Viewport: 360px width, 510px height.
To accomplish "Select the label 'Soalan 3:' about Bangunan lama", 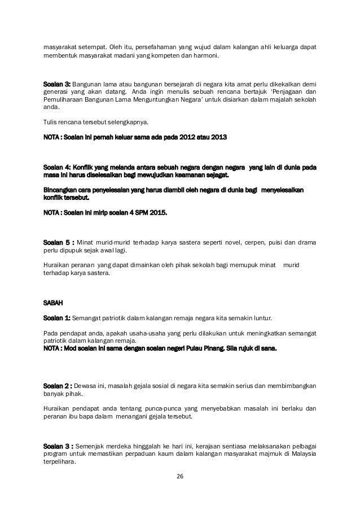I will click(58, 85).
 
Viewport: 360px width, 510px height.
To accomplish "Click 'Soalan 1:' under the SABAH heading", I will click(58, 317).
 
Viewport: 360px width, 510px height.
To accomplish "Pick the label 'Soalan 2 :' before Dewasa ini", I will click(58, 386).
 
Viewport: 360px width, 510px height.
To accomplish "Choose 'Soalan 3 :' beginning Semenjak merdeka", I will click(58, 446).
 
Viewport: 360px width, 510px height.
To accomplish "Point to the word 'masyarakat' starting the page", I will click(62, 46).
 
